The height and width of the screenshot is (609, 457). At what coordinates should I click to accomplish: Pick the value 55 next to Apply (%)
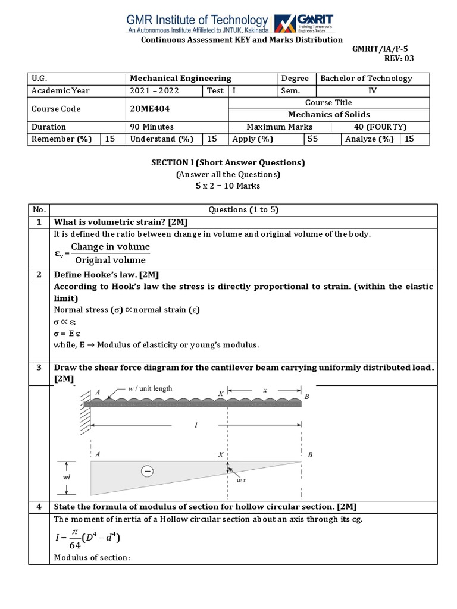pos(312,139)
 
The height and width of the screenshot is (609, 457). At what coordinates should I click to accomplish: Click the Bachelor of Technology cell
pos(366,78)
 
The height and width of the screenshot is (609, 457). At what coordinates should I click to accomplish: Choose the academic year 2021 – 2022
pos(154,90)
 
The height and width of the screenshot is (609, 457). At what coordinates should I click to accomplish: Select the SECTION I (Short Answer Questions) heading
pos(228,163)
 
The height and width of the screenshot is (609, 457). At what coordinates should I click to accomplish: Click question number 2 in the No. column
pos(39,275)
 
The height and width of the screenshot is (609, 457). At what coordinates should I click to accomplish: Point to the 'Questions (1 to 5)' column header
pos(244,209)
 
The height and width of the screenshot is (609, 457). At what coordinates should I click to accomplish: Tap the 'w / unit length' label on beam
pos(150,389)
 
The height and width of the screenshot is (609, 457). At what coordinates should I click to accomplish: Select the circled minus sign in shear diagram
pos(146,471)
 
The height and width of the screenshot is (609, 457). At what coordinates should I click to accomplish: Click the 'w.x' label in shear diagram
pos(239,481)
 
